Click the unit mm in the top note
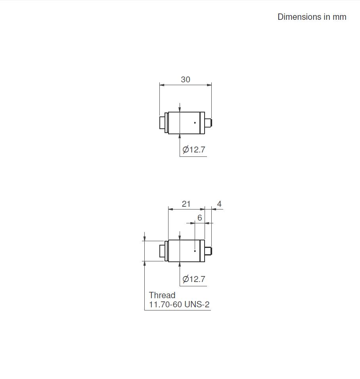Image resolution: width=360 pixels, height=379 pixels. coord(339,17)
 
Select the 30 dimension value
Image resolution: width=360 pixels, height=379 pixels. coord(186,80)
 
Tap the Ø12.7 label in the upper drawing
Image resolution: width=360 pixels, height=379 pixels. coord(194,150)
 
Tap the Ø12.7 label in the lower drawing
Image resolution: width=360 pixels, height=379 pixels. coord(194,279)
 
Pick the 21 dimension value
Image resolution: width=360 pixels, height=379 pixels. coord(186,204)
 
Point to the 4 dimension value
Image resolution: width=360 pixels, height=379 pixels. coord(219,204)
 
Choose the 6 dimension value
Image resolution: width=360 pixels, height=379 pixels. coord(199,218)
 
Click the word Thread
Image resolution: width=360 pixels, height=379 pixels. coord(162,295)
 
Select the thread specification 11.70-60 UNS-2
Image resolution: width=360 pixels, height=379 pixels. coord(179,305)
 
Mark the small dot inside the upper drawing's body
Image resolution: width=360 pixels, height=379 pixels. coord(195,123)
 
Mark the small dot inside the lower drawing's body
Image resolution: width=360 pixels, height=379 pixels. coord(195,251)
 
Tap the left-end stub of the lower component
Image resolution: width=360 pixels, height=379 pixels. coord(162,251)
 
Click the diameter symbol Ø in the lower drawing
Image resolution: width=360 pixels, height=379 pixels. coord(186,279)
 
